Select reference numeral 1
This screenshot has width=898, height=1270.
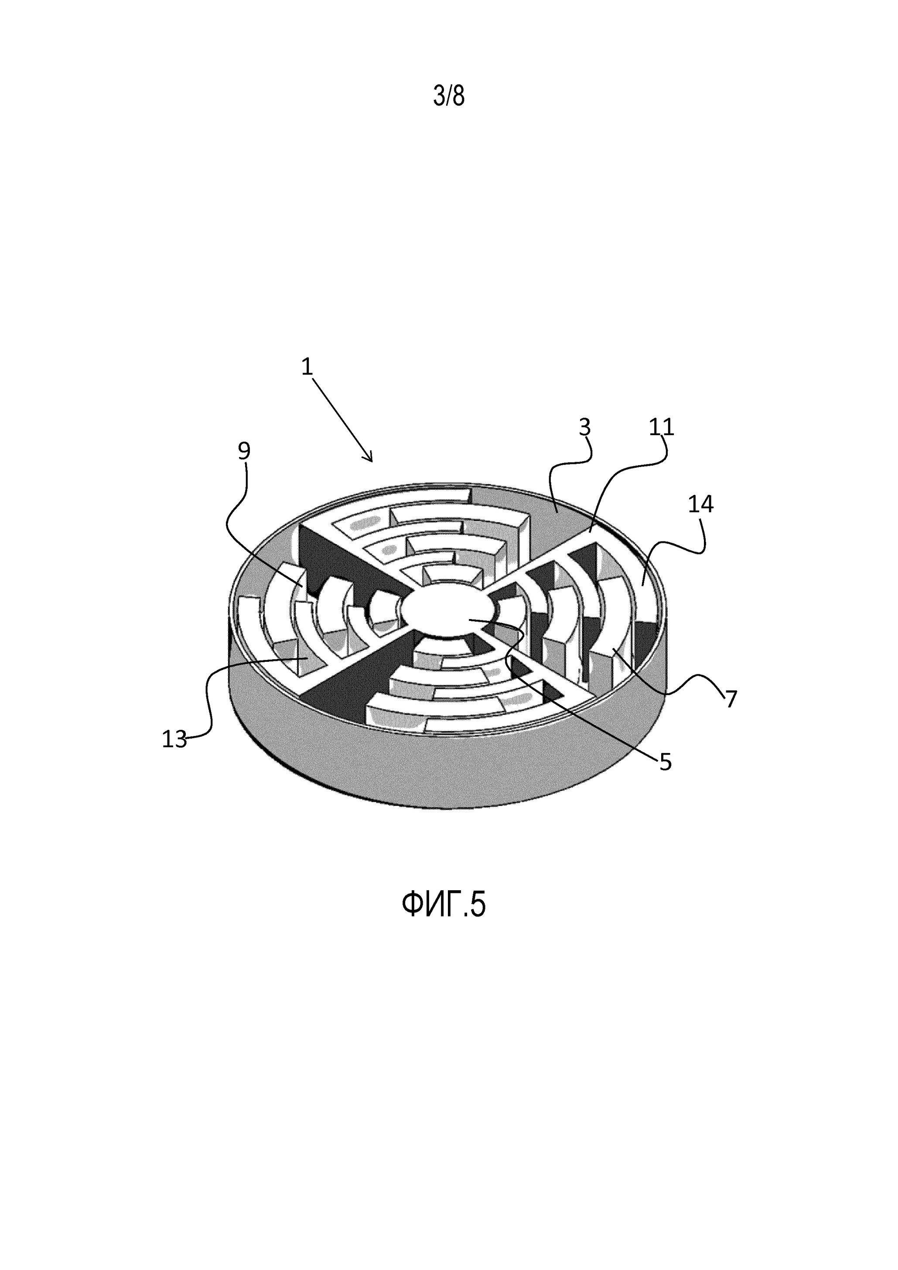point(307,367)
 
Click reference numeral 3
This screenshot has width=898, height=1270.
point(585,427)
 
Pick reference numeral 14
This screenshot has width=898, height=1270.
point(700,504)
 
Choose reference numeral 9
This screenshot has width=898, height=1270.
point(244,451)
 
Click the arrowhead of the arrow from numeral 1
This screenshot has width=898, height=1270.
point(369,457)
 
